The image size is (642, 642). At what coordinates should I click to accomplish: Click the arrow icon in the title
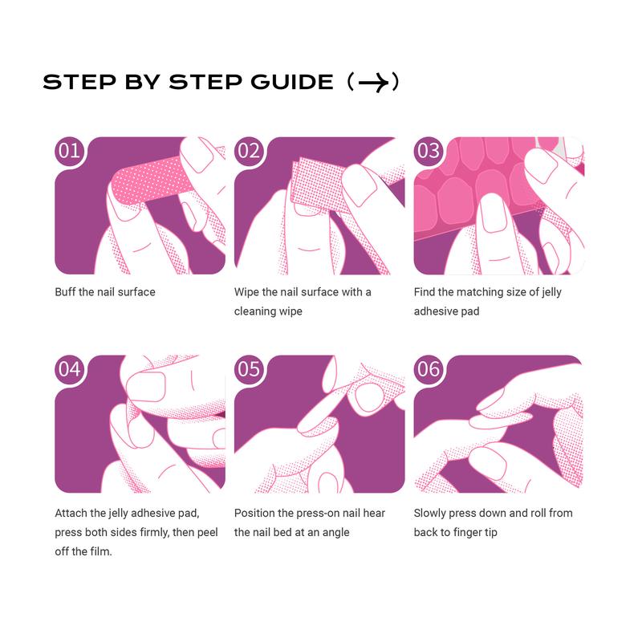click(x=373, y=83)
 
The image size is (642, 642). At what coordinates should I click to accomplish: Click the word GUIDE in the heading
click(x=292, y=82)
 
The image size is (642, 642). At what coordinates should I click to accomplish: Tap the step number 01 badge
click(x=69, y=151)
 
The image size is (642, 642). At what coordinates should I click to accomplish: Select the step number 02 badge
click(x=249, y=151)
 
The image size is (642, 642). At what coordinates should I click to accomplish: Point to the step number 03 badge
click(x=429, y=151)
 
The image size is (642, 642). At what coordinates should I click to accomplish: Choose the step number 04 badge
click(x=69, y=369)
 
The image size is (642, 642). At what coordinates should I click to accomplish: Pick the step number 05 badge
click(x=249, y=369)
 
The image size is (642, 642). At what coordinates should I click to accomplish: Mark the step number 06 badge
click(x=429, y=369)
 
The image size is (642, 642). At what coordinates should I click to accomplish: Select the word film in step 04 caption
click(x=102, y=551)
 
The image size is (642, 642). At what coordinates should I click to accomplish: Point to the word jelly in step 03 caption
click(x=551, y=292)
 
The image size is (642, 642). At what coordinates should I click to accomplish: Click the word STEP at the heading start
click(x=79, y=82)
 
